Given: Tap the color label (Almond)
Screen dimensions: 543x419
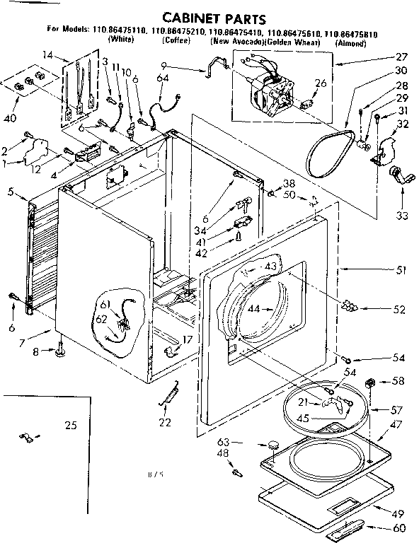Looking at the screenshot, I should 350,43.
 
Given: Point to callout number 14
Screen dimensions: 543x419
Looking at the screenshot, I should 47,54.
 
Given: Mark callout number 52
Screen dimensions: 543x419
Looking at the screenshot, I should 401,309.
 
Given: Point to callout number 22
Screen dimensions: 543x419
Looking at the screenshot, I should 165,424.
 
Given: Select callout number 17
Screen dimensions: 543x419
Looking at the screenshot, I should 188,339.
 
